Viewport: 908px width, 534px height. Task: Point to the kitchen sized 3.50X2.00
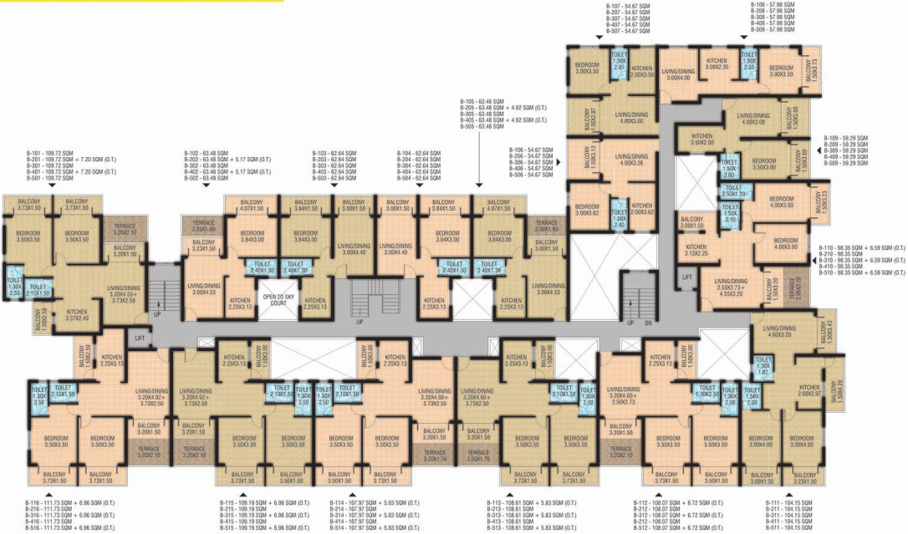click(x=701, y=139)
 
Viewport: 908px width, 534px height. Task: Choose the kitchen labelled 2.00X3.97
click(x=809, y=391)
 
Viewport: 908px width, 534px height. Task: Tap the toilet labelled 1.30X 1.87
click(x=763, y=369)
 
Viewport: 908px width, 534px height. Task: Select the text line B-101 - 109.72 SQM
click(x=48, y=155)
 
